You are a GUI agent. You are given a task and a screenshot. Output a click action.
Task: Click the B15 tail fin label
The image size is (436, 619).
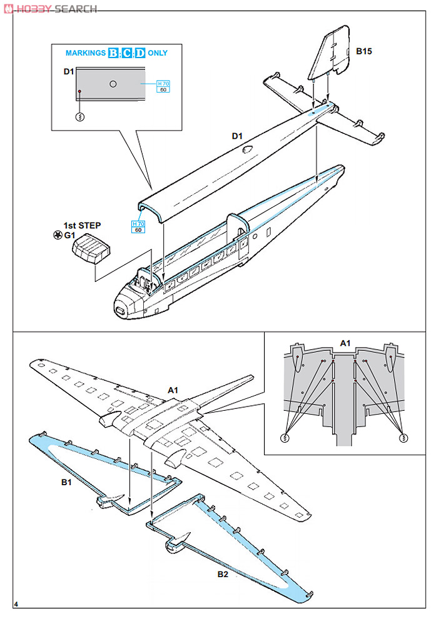363,51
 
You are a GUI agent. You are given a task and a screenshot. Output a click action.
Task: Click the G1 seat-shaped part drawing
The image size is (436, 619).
91,249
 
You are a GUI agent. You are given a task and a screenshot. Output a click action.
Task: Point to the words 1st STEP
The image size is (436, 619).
82,224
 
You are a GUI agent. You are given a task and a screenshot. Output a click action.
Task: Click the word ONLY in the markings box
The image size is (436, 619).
158,53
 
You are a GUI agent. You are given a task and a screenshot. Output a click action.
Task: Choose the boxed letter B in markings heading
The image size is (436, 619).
113,53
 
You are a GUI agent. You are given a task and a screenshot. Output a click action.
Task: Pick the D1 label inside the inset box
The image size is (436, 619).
69,71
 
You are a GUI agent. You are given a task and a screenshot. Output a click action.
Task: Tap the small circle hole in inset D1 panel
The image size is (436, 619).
113,84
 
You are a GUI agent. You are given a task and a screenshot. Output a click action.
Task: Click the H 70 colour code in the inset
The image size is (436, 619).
163,83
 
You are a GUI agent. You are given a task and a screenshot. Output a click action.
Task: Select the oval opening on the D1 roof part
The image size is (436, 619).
248,149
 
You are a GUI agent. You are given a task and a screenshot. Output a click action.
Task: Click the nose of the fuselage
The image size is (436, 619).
120,309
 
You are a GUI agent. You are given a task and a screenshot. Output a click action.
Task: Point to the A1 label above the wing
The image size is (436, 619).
173,390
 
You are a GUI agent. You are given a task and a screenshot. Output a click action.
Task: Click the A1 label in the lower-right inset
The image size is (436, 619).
345,343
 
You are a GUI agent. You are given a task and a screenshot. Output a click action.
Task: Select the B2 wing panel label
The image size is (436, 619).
223,575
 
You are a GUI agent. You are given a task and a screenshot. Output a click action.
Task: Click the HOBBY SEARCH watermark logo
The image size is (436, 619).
50,9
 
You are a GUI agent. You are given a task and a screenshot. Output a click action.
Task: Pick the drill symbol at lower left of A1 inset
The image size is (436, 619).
285,438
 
